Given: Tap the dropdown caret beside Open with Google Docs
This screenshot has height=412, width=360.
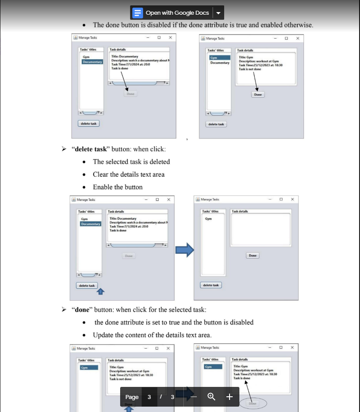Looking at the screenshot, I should pos(218,13).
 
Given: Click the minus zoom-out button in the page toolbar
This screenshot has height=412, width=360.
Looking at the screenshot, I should pos(194,397).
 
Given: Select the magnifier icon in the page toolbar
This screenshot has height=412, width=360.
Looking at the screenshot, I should pos(212,397).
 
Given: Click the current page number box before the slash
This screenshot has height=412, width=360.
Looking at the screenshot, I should pos(149,397).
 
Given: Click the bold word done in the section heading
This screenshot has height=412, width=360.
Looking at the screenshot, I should pos(82,309).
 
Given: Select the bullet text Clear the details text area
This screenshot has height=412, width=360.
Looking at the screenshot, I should pos(129,174).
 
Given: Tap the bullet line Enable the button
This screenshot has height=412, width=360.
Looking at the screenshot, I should pos(117,187).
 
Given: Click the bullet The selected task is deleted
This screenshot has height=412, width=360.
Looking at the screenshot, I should pos(131,161).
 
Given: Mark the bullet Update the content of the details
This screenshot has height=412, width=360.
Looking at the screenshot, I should pos(152,335).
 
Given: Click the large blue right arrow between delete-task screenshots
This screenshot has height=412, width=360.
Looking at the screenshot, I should pos(184,250).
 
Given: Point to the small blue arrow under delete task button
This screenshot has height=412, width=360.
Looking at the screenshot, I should pos(101,292).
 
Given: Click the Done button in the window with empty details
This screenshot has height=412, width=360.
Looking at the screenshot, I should pos(252,256).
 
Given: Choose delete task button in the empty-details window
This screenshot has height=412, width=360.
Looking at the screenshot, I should pos(211,285).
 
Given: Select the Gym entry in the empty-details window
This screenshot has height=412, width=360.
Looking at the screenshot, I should pos(208,219).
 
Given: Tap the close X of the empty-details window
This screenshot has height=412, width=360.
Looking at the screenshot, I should pos(292,199).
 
